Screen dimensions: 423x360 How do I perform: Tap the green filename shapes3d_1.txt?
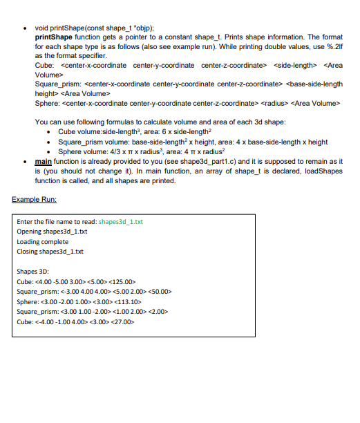coord(121,222)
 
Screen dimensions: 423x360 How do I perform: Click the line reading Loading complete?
coord(42,242)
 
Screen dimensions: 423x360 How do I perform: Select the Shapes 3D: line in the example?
coord(32,272)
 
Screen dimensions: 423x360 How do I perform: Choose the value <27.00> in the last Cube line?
coord(122,321)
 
